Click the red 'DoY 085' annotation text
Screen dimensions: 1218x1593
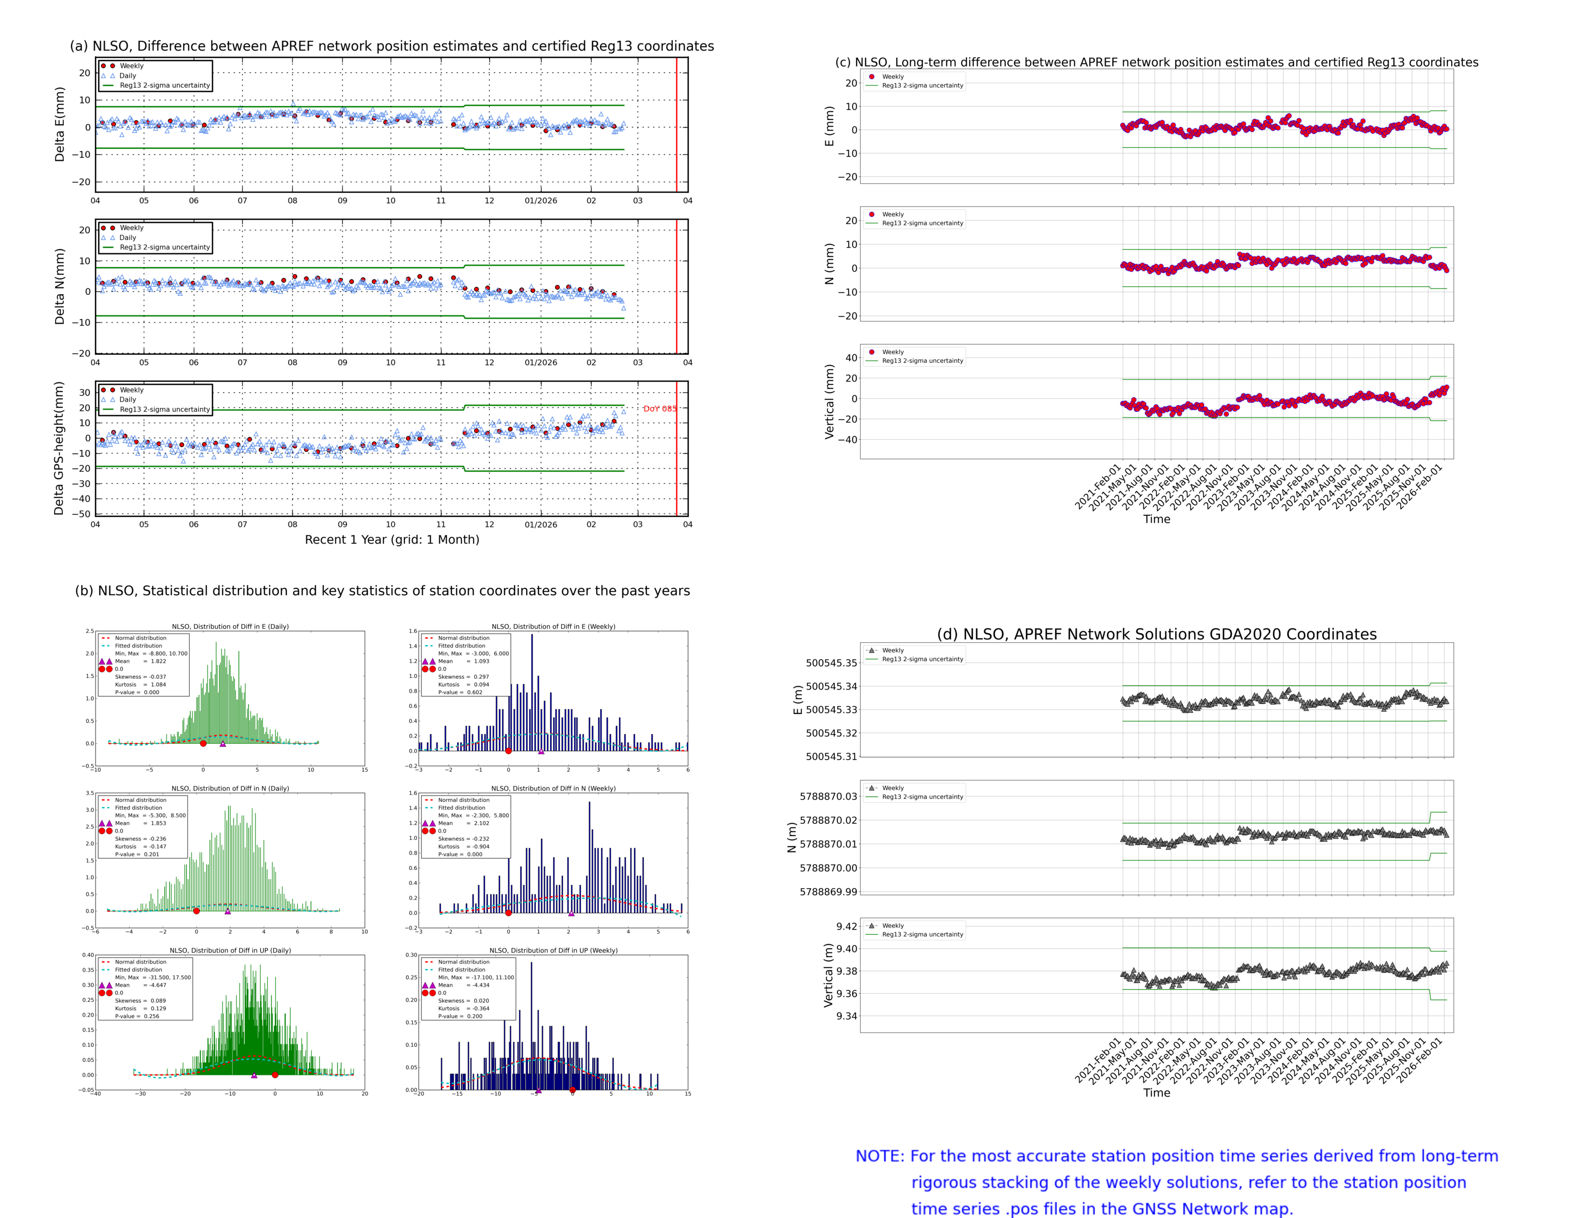(659, 408)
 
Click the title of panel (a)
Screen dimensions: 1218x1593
(391, 46)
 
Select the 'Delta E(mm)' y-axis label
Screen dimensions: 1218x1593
(59, 124)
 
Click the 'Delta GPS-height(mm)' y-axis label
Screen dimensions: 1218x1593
(59, 448)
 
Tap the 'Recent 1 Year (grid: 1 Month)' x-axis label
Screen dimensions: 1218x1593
(391, 539)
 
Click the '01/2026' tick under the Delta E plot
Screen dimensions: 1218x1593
(541, 201)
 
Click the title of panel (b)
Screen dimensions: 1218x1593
(382, 590)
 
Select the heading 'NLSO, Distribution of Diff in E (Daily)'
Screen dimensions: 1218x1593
(230, 626)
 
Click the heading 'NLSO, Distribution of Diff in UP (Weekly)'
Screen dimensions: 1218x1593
(553, 950)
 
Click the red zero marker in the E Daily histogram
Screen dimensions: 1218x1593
(203, 743)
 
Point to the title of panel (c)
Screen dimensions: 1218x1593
(1156, 62)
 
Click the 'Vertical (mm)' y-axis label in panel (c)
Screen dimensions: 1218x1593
(829, 401)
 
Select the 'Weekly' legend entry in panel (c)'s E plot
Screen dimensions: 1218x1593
(892, 76)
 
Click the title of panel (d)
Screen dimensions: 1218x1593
(1156, 634)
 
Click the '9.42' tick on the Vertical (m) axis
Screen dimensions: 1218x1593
(846, 926)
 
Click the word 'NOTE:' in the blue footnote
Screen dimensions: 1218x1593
(879, 1156)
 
